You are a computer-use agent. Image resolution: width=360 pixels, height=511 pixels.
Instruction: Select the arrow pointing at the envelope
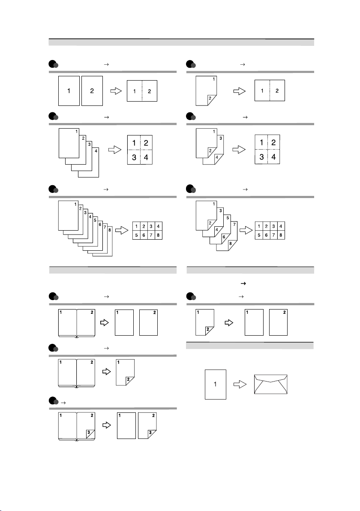point(239,384)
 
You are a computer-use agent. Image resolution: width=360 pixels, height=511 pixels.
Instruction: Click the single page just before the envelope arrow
point(216,384)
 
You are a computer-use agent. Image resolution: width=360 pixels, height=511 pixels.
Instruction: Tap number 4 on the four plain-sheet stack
point(96,150)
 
